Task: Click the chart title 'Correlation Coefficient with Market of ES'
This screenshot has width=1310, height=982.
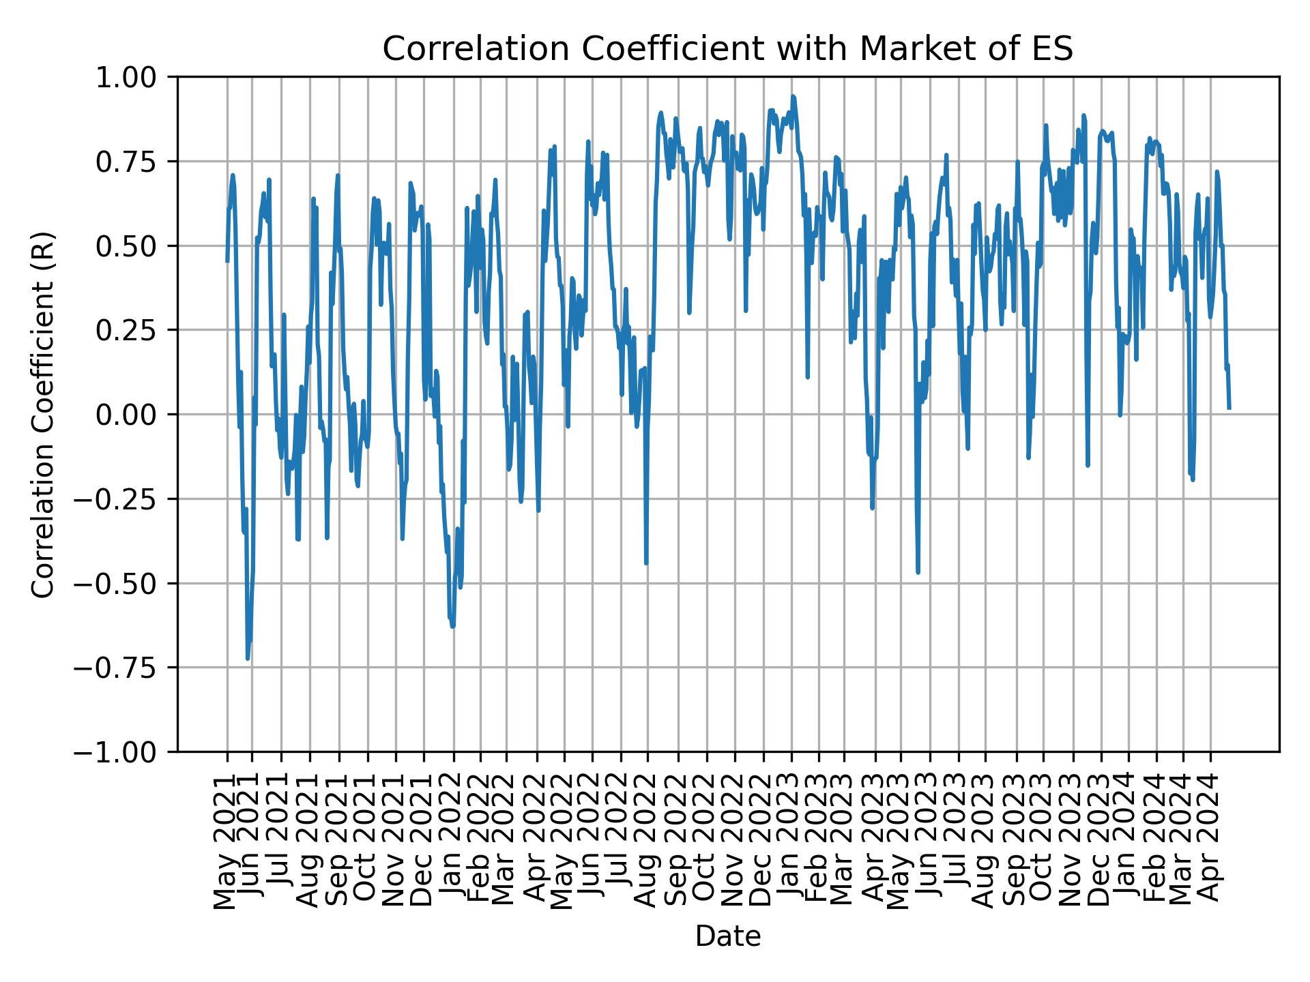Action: [x=727, y=49]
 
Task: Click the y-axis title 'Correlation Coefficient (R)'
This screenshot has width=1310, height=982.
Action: [x=43, y=414]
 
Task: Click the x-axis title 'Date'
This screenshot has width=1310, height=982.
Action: [x=727, y=936]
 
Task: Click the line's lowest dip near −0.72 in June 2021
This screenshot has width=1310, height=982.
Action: [x=248, y=658]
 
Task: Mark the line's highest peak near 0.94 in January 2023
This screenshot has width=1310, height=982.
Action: [x=793, y=97]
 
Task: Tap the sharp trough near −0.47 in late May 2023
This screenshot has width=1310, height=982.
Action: [x=918, y=572]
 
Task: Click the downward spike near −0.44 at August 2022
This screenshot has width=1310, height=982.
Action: [x=646, y=563]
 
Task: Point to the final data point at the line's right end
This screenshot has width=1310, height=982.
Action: [x=1229, y=408]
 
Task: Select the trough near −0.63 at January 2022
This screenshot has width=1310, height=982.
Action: [x=453, y=626]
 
